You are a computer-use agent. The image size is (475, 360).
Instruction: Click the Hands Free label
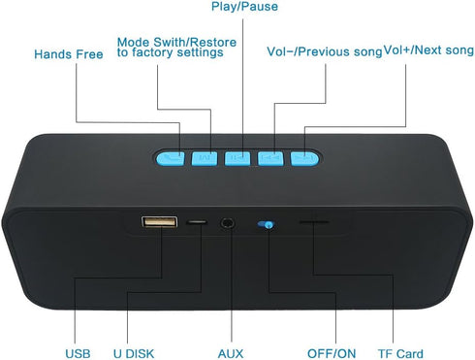[x=69, y=54]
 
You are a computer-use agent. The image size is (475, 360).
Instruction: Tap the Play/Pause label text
[x=244, y=7]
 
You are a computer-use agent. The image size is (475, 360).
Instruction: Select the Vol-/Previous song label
[x=325, y=51]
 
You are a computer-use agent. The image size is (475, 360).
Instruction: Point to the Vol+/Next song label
[x=428, y=50]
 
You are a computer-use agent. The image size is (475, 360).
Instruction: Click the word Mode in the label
[x=133, y=42]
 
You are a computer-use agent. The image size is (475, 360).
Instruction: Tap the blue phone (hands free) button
[x=171, y=158]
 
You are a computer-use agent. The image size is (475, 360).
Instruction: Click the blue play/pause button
[x=237, y=158]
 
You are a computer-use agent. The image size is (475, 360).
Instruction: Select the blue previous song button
[x=270, y=158]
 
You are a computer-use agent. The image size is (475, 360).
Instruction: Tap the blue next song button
[x=304, y=158]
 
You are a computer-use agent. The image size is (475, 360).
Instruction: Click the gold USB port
[x=159, y=222]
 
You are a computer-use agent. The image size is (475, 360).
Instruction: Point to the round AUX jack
[x=228, y=223]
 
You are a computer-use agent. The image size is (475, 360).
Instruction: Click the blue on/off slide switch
[x=266, y=224]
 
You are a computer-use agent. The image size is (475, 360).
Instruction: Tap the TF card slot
[x=314, y=222]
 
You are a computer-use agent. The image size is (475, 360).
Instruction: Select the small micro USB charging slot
[x=197, y=222]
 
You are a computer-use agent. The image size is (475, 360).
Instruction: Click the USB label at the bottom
[x=78, y=353]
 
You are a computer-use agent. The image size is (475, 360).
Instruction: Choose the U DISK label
[x=134, y=353]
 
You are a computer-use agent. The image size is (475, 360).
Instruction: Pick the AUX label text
[x=231, y=353]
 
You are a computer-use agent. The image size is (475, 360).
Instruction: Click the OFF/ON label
[x=332, y=353]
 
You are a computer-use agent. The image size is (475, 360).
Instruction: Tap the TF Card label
[x=400, y=353]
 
